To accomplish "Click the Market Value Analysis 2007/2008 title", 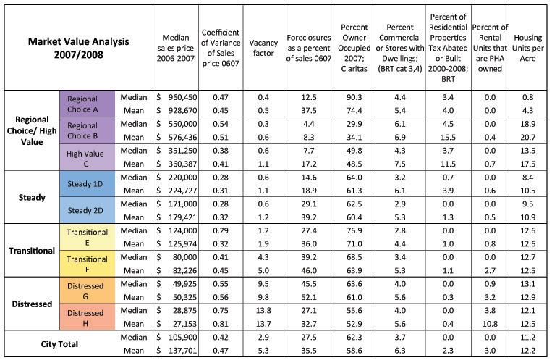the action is point(79,48).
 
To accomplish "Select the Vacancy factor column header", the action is point(263,48).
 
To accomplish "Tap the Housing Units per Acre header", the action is point(527,48).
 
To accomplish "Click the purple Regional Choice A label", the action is point(87,104).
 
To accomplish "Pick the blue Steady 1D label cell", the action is point(87,184).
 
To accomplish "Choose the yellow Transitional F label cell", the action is point(87,264).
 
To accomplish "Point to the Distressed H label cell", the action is point(87,318).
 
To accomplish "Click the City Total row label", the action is point(59,344).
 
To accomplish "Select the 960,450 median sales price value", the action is point(182,97).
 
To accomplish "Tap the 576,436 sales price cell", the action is point(182,138).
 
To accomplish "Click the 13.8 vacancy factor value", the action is point(263,311).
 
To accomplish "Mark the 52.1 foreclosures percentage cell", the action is point(309,297).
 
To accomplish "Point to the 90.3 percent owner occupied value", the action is point(354,97).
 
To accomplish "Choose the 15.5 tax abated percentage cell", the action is point(448,138).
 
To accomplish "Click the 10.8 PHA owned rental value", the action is point(490,324).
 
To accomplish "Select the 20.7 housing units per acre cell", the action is point(527,138).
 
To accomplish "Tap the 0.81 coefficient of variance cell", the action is point(221,324).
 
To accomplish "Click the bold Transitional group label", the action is point(32,251).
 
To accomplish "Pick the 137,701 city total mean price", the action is point(182,351).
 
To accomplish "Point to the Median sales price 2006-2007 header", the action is point(175,48).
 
